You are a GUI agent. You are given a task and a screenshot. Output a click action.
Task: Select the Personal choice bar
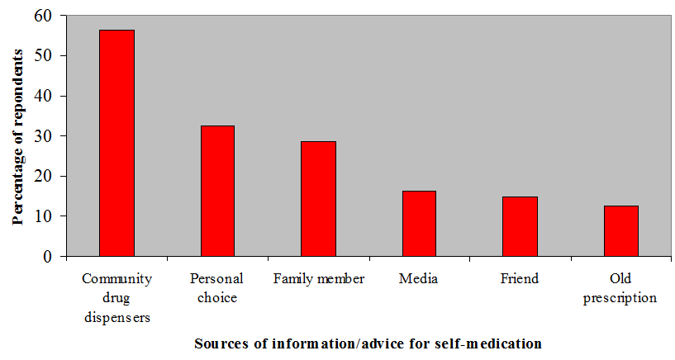[217, 191]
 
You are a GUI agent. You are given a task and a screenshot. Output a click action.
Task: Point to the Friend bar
[520, 226]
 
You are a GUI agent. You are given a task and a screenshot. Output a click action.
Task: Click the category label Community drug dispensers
[116, 297]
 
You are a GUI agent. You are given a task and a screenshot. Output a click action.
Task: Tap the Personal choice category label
[217, 288]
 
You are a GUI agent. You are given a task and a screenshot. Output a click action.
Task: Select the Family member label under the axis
[318, 279]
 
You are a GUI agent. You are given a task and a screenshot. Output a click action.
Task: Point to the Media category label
[419, 279]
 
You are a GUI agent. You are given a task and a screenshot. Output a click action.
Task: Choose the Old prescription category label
[620, 288]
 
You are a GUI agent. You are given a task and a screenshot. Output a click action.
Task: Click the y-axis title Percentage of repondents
[17, 136]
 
